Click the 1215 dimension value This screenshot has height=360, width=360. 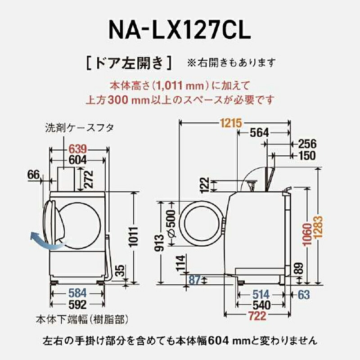click(231, 122)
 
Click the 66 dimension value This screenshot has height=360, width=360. click(34, 175)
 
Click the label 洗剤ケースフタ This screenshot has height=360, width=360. click(79, 128)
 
